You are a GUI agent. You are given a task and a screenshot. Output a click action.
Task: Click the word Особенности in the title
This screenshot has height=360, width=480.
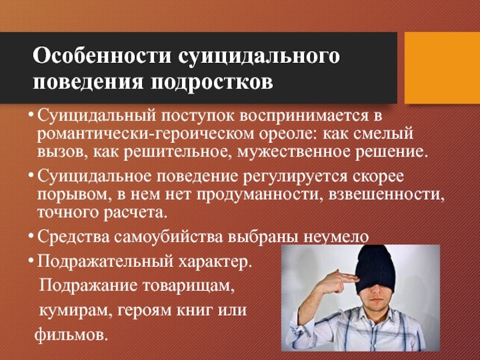pos(101,55)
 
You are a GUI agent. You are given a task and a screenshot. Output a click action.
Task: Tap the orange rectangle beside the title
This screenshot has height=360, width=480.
pos(442,68)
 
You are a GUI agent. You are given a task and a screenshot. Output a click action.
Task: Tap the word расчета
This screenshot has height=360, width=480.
pos(136,213)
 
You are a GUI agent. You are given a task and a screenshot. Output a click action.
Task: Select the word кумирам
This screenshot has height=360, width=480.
pos(73,311)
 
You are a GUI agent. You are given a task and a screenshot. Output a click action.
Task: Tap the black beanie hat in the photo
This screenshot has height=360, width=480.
pos(376,268)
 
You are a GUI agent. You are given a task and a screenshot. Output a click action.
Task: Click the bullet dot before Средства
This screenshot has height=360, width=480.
pos(31,236)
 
